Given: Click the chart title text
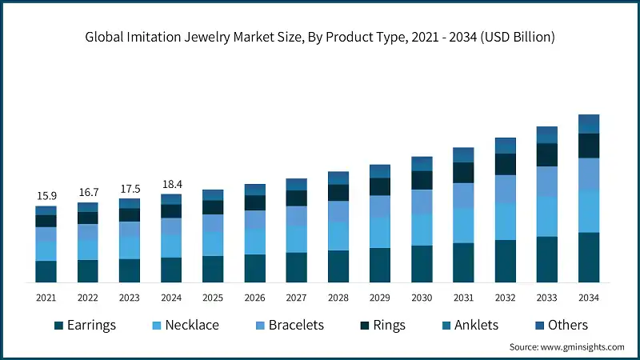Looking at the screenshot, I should coord(320,37).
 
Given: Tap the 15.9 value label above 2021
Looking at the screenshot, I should coord(46,196).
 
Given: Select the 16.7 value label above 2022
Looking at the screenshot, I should coord(87,193).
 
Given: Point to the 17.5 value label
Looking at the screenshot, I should coord(129,189).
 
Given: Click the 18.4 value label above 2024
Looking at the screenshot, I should coord(171,185).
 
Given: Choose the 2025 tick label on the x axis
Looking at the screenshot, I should coord(213,297).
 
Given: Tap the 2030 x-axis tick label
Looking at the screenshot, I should coord(422,297).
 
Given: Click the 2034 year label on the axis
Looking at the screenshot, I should coord(589,297).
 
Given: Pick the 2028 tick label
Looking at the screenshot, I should coord(338,297).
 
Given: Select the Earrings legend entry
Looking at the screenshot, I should coord(85,325).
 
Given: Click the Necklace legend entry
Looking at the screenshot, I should coord(183,325).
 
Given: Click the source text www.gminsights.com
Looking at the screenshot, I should coord(566,346).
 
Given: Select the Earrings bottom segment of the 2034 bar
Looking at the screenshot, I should coord(589,257).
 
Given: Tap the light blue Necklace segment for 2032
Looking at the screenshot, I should coord(506,221).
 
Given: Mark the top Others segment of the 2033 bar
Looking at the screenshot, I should coord(547,134).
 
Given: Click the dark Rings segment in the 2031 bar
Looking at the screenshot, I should coord(464,172).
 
